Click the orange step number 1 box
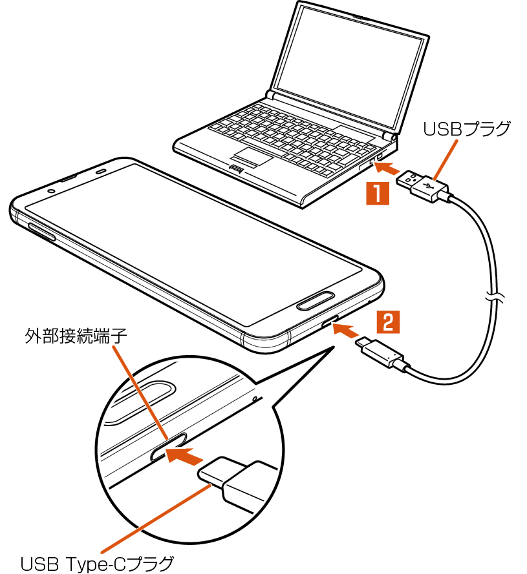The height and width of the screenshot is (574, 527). [378, 194]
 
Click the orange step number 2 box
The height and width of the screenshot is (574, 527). [388, 322]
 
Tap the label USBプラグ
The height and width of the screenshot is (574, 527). [467, 129]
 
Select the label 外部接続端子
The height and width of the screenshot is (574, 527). [76, 336]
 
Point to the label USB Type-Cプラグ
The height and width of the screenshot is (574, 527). [97, 564]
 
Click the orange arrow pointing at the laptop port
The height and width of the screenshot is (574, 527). [387, 169]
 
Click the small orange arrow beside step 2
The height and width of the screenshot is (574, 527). [346, 331]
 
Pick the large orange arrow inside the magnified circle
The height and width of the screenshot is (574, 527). [184, 455]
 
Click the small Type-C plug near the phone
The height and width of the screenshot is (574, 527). [381, 353]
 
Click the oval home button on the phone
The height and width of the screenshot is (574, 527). [316, 302]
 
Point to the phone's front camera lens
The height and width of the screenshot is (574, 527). [51, 191]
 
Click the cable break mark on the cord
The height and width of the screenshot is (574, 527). [495, 296]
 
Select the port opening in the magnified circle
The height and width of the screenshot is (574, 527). [168, 447]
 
